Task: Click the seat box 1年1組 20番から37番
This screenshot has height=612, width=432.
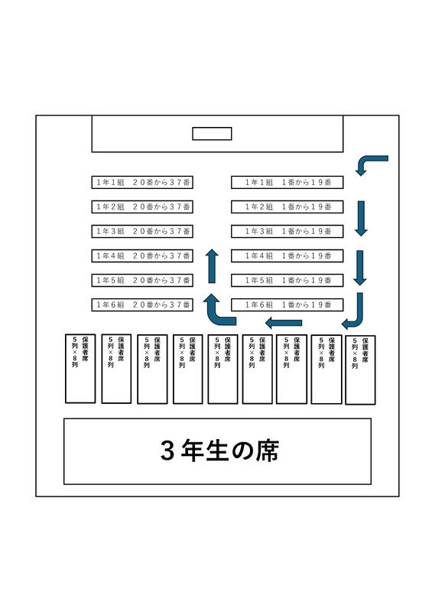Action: pyautogui.click(x=142, y=182)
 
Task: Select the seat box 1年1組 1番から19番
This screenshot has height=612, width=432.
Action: pyautogui.click(x=287, y=182)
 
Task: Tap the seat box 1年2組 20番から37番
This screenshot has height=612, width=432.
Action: pyautogui.click(x=142, y=207)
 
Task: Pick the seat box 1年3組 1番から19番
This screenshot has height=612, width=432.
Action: pyautogui.click(x=287, y=231)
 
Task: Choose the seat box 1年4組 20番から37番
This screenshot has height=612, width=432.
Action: pyautogui.click(x=142, y=256)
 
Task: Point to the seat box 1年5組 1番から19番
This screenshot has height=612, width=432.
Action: pyautogui.click(x=287, y=280)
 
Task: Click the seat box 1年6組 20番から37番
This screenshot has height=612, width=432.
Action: pyautogui.click(x=142, y=304)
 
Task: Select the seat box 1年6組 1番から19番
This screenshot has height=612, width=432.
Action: pyautogui.click(x=287, y=304)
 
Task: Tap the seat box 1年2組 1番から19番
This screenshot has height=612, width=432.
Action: pyautogui.click(x=287, y=207)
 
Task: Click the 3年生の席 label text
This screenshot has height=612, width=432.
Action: pyautogui.click(x=219, y=451)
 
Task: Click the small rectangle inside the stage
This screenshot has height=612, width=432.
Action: pyautogui.click(x=212, y=133)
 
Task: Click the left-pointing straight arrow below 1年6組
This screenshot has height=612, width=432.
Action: pyautogui.click(x=284, y=323)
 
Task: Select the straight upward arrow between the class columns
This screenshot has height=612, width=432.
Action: pyautogui.click(x=212, y=265)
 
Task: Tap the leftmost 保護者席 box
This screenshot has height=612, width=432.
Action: pyautogui.click(x=80, y=369)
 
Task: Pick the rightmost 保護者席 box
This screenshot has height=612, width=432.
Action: pyautogui.click(x=361, y=369)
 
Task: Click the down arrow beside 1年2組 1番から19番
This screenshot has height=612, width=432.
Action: pyautogui.click(x=361, y=219)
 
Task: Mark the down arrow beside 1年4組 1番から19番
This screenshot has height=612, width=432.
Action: pyautogui.click(x=360, y=268)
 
